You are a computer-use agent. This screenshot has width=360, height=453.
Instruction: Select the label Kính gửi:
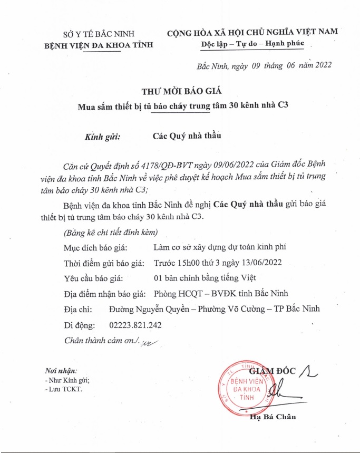(103, 136)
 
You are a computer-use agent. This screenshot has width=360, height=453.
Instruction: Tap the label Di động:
(79, 325)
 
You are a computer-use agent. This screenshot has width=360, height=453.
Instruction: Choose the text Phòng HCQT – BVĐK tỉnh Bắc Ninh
(220, 294)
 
